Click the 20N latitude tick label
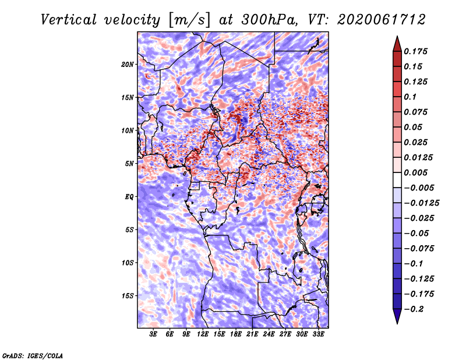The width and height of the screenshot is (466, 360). click(128, 65)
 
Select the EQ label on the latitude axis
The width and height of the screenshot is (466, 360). click(129, 197)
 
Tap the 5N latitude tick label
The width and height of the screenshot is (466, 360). click(129, 164)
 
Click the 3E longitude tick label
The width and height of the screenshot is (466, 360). click(153, 334)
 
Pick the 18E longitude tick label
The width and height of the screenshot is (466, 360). click(236, 334)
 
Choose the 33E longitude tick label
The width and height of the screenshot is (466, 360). click(318, 334)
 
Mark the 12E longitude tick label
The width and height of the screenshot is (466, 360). click(203, 334)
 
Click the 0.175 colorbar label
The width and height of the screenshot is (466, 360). click(415, 51)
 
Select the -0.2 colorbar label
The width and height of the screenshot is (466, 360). click(414, 309)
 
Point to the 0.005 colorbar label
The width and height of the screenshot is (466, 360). click(415, 172)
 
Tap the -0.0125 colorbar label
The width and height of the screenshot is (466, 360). click(421, 203)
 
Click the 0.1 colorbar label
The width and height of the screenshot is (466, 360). click(410, 97)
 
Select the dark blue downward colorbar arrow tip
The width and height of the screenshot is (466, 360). click(397, 323)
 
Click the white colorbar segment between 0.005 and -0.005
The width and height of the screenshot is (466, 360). click(397, 180)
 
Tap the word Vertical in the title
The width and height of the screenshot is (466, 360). click(69, 20)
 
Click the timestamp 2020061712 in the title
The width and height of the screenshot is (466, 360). click(382, 20)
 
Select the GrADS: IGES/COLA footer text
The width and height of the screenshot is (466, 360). click(33, 356)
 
